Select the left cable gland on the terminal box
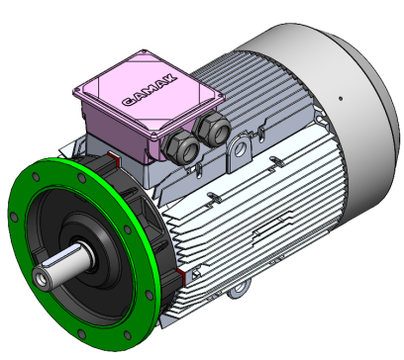click(180, 148)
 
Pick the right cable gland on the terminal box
click(211, 130)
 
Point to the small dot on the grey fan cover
click(340, 98)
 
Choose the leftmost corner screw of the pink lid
click(80, 91)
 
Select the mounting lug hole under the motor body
click(239, 294)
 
